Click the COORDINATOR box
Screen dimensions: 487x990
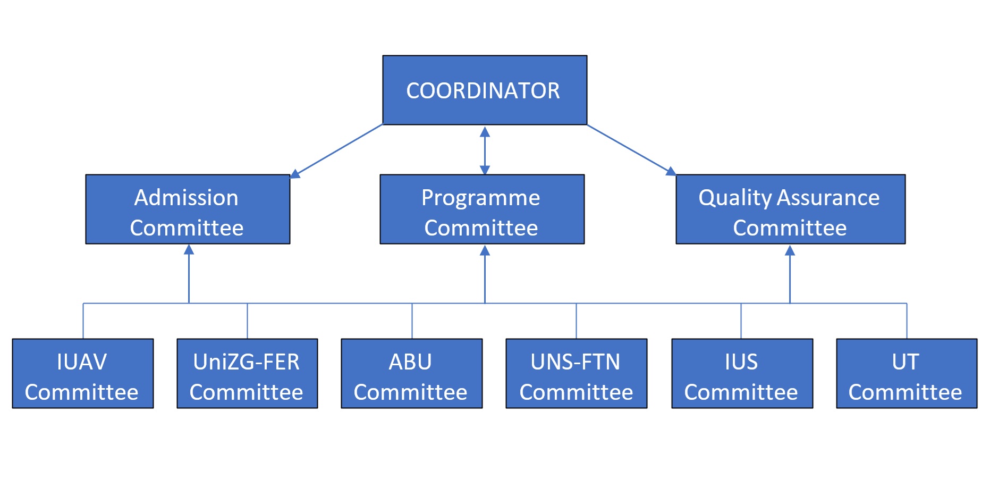[485, 90]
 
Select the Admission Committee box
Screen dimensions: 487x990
[188, 209]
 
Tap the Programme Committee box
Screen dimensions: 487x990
[482, 209]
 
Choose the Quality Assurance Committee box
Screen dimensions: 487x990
[790, 209]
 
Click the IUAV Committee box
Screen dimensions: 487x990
[83, 373]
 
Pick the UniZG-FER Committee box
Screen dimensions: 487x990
[247, 373]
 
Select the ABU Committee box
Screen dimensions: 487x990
[411, 373]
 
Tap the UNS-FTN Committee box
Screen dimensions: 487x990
[576, 373]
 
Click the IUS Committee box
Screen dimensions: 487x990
[742, 373]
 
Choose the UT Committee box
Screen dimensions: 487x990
[906, 373]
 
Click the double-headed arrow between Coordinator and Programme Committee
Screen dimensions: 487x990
[485, 150]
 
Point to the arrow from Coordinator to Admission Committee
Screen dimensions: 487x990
[337, 151]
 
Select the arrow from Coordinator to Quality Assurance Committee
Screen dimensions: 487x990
[631, 149]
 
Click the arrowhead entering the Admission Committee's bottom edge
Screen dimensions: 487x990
[189, 249]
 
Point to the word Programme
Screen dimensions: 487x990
[480, 198]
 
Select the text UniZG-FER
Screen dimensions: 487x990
[247, 362]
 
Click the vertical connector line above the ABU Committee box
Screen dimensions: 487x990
[412, 321]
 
